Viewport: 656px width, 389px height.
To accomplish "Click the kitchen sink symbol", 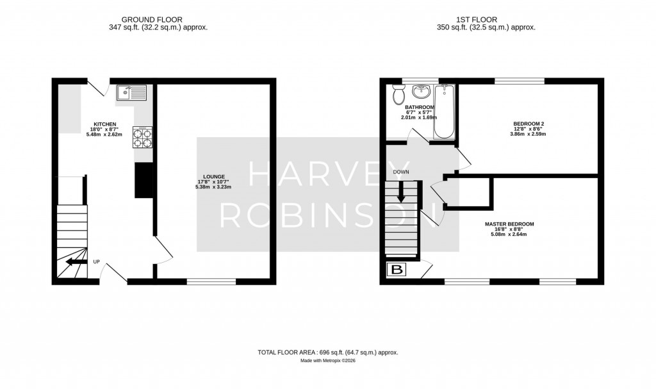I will tap(131, 94).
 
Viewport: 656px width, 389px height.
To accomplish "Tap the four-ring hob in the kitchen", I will tap(142, 137).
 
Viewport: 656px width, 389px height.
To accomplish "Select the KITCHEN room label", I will tap(104, 124).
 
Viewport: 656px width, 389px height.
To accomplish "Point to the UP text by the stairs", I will tap(97, 261).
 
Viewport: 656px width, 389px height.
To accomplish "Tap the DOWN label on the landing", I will tap(402, 172).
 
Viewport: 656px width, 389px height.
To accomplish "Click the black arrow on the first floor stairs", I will tap(401, 192).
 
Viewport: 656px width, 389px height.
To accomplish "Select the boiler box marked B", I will tap(397, 270).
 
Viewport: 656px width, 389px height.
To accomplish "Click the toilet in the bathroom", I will tap(398, 95).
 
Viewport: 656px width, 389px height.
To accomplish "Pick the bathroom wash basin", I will tap(422, 92).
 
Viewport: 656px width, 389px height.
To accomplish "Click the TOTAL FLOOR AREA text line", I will tap(327, 352).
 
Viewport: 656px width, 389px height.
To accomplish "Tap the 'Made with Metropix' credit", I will tap(327, 361).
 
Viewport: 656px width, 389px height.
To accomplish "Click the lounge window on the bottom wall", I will tap(211, 281).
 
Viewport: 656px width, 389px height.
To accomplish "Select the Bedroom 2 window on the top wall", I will tap(520, 81).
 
